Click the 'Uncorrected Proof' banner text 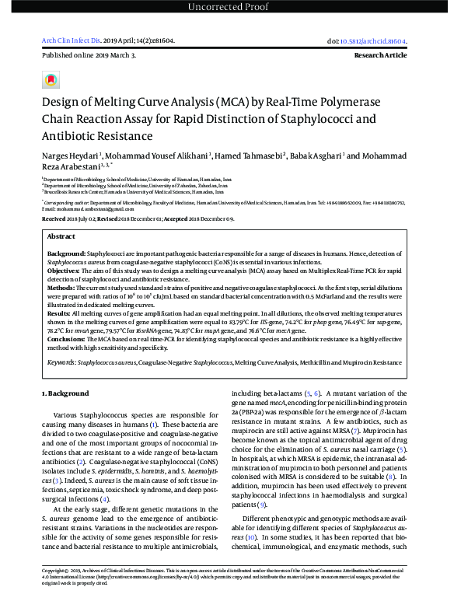click(x=230, y=8)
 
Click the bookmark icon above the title click(x=51, y=80)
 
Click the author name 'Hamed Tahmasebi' click(x=253, y=155)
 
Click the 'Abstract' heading click(x=61, y=236)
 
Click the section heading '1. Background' click(x=65, y=393)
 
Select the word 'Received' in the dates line click(x=54, y=219)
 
